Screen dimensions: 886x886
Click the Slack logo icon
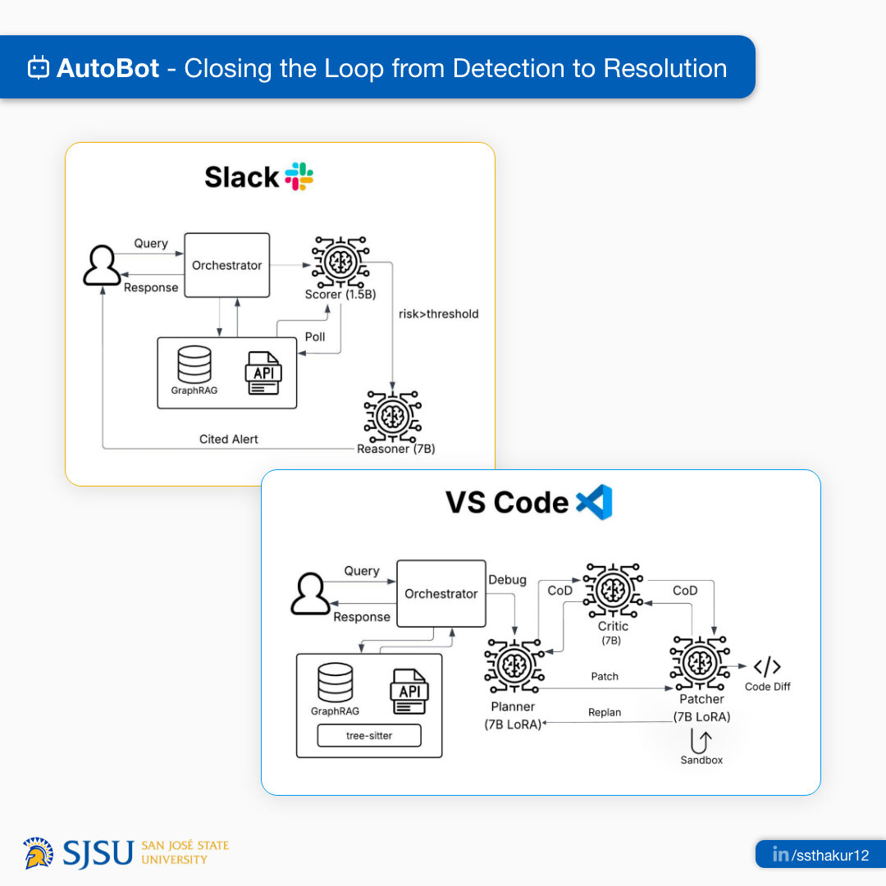point(299,176)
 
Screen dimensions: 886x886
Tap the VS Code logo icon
point(594,502)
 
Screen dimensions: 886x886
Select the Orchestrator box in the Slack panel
point(227,265)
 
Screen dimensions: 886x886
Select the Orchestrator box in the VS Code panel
point(441,593)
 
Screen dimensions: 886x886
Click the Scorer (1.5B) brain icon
point(340,262)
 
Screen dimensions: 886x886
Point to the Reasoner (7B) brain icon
point(393,417)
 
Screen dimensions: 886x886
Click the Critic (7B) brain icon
point(613,591)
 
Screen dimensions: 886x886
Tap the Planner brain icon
point(514,665)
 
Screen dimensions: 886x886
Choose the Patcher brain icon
point(700,663)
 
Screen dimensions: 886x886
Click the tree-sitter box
point(369,735)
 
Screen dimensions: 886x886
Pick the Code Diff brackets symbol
point(767,667)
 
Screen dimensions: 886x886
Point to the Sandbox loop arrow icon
point(701,741)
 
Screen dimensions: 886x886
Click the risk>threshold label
point(438,314)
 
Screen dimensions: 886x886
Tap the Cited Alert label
point(228,439)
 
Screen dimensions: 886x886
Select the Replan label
point(605,712)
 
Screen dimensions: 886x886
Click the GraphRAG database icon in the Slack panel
point(194,364)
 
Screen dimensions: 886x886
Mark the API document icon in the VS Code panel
point(409,692)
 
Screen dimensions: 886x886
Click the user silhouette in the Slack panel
point(102,265)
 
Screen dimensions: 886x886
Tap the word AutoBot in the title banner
point(108,68)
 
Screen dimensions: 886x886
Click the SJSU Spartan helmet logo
point(39,852)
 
